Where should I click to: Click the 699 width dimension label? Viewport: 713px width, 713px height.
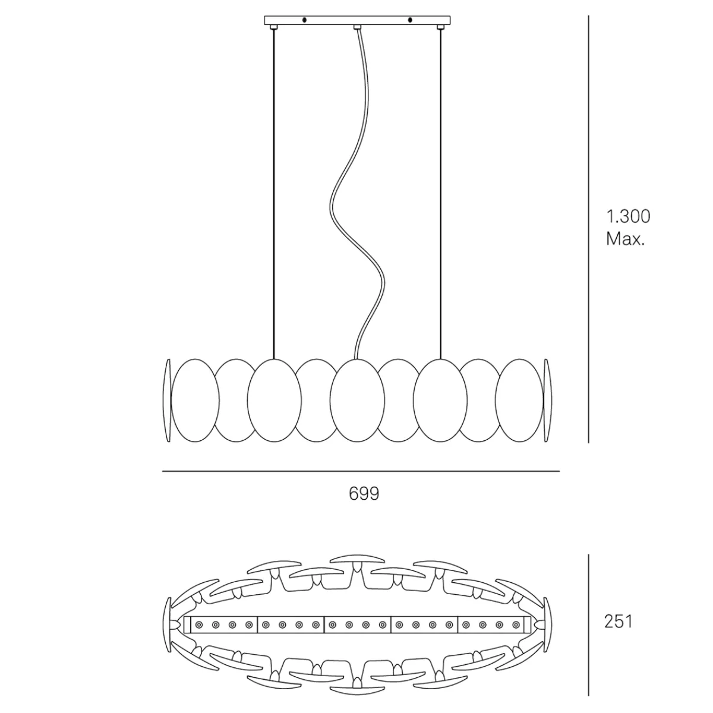point(364,494)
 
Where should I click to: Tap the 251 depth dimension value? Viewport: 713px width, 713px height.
point(619,621)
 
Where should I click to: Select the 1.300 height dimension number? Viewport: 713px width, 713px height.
point(628,216)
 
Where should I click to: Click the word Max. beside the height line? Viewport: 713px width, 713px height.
point(625,239)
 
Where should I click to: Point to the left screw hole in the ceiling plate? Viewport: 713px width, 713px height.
point(304,20)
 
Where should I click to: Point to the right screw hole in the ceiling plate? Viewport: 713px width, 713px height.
point(409,20)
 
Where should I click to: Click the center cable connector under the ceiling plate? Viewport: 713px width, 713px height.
point(357,27)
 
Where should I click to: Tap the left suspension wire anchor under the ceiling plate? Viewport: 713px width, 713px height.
point(273,27)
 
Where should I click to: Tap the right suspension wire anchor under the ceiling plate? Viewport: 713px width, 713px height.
point(440,27)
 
